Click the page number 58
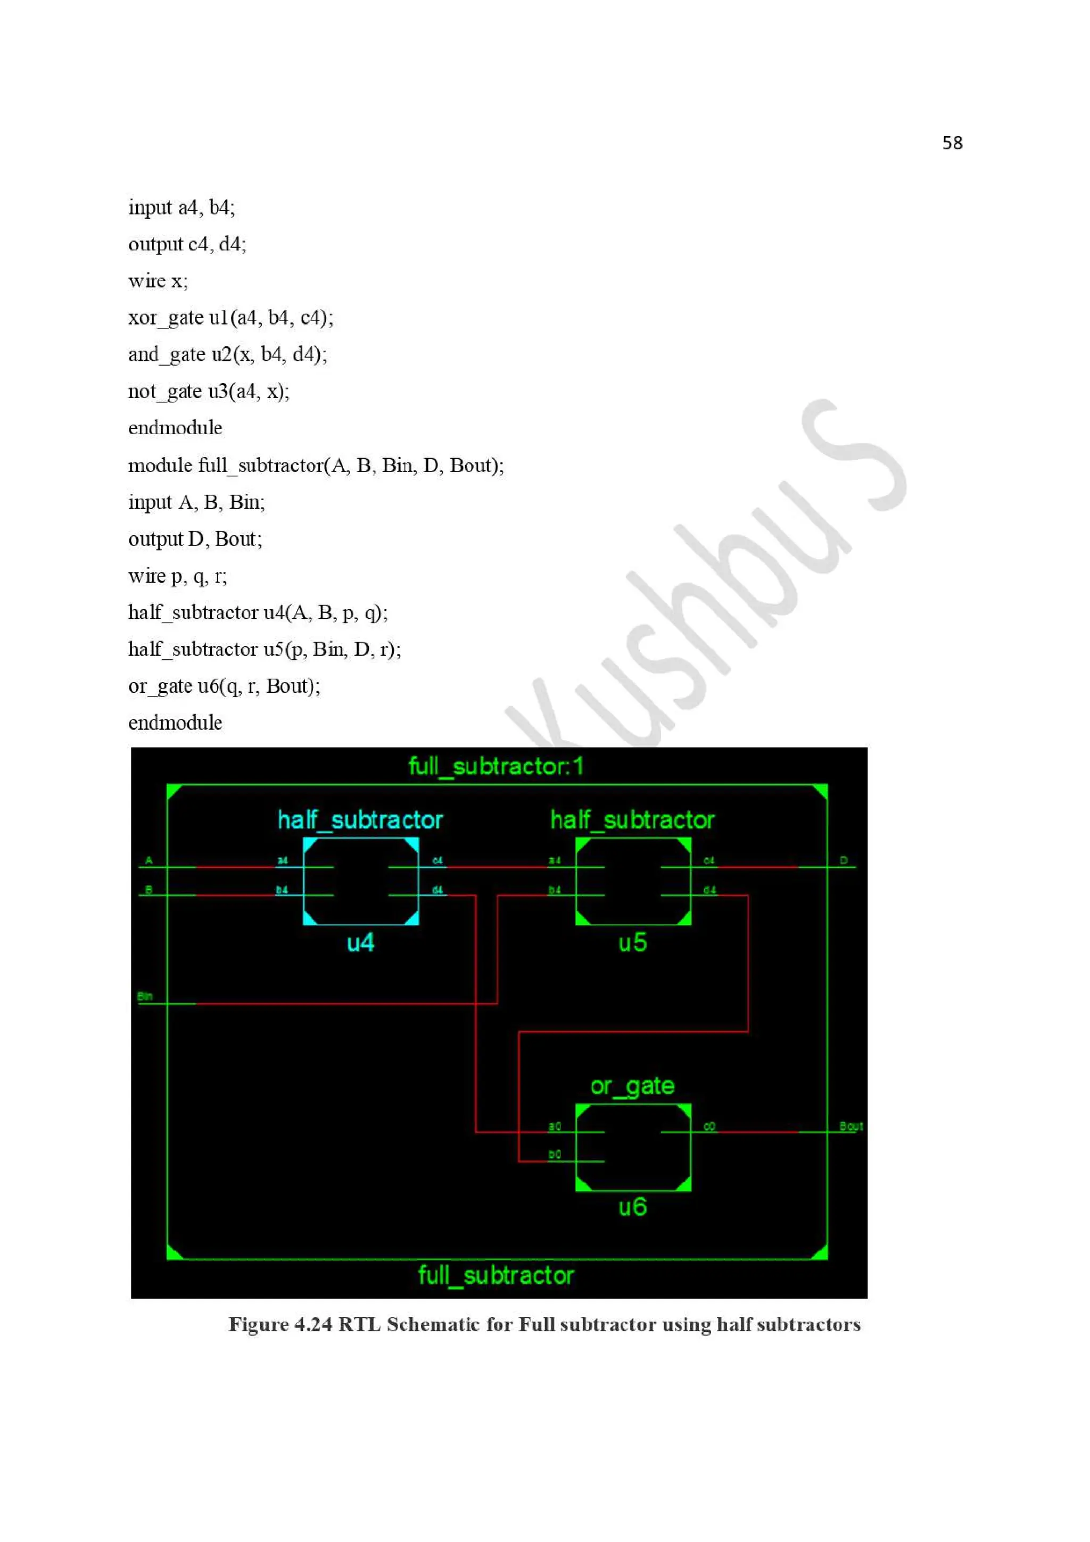952,143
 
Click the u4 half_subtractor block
361,881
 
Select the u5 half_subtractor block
633,881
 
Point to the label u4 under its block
361,942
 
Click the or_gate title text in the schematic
632,1086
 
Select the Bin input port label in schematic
145,996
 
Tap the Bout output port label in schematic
850,1126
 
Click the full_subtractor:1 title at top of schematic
496,766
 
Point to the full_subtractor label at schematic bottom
496,1275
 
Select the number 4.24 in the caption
313,1324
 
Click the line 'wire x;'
158,281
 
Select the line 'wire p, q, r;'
177,576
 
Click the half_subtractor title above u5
632,820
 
